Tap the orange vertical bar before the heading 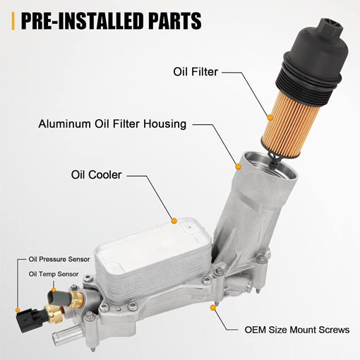click(x=13, y=20)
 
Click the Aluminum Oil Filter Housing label click(x=112, y=124)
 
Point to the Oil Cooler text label click(x=96, y=174)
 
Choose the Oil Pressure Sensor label click(x=59, y=260)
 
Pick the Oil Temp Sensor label click(x=53, y=274)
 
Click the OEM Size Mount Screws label click(x=297, y=330)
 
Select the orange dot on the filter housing click(x=239, y=166)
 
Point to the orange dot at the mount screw click(x=212, y=307)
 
